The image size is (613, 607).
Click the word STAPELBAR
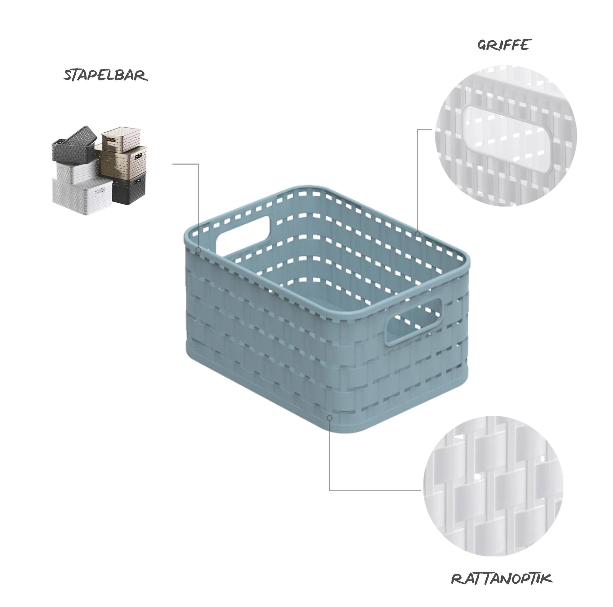pyautogui.click(x=106, y=75)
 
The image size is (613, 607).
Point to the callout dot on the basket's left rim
pyautogui.click(x=199, y=250)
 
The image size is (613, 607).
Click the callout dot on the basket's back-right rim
pyautogui.click(x=418, y=234)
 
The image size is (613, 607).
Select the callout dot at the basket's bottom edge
pyautogui.click(x=330, y=418)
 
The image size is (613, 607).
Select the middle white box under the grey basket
pyautogui.click(x=76, y=169)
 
